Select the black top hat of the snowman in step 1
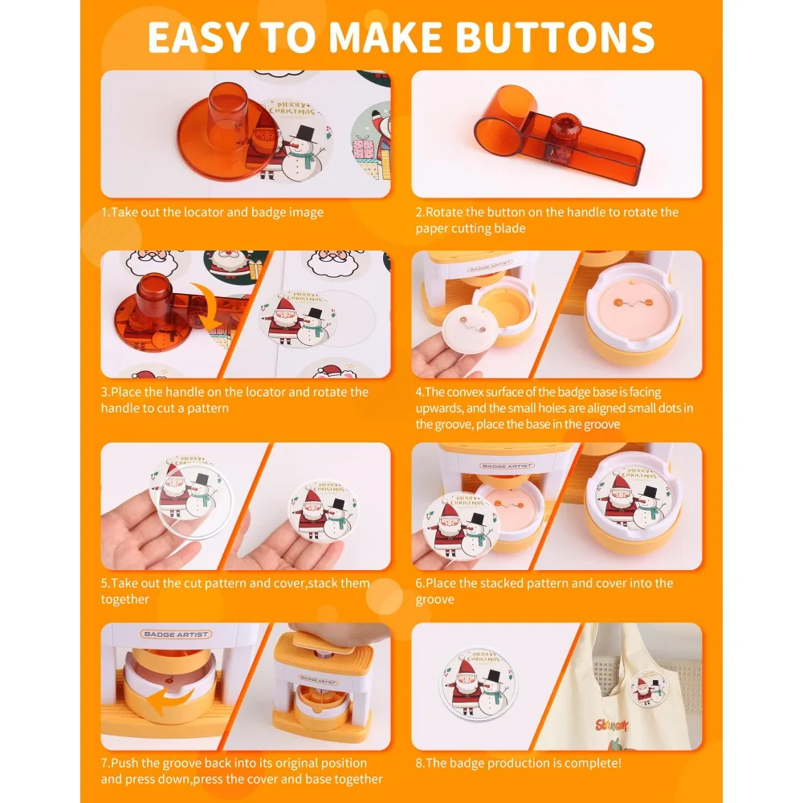(x=305, y=134)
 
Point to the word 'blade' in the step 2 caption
(x=510, y=228)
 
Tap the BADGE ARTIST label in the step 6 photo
(x=507, y=466)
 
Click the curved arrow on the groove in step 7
(x=169, y=700)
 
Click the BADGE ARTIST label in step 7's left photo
(x=176, y=634)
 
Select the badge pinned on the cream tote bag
(x=649, y=687)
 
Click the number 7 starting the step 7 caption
(x=104, y=763)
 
